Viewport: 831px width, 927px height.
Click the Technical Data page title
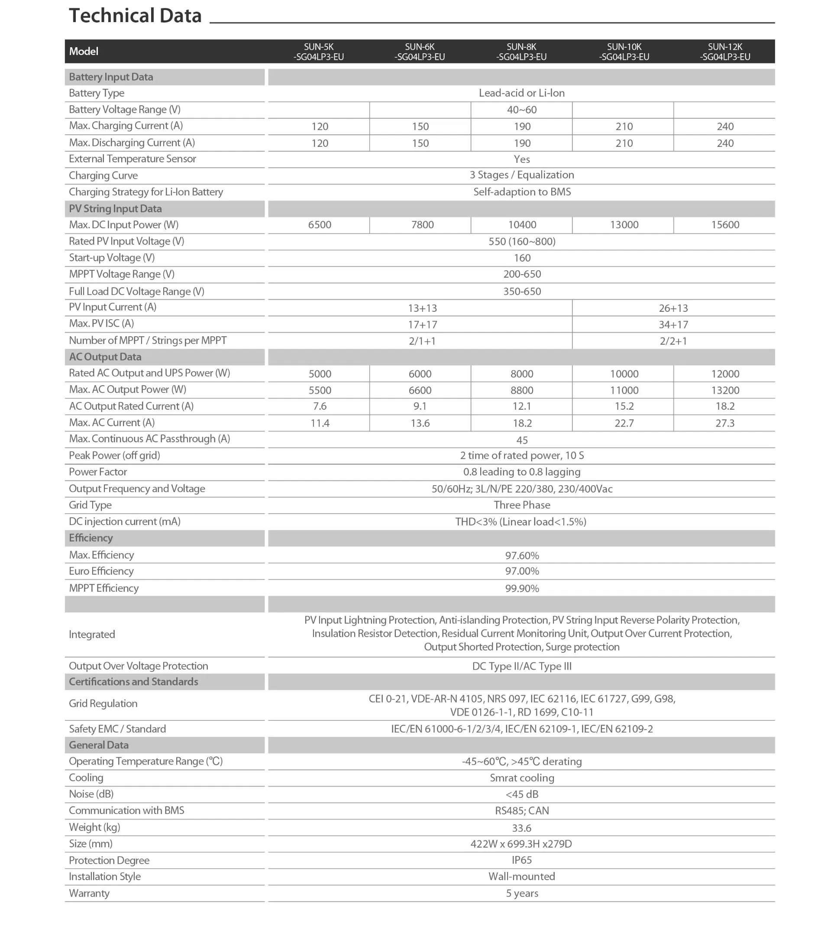135,16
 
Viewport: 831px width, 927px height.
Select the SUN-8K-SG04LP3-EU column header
521,52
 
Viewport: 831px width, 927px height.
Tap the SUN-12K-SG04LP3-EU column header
724,52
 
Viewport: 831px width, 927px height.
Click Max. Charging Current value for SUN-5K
320,126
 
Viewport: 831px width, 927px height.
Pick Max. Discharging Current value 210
624,143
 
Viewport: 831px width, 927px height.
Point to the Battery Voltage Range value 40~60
521,110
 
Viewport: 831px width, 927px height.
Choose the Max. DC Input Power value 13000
624,225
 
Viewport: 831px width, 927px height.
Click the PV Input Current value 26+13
673,308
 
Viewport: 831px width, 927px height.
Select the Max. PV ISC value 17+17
422,325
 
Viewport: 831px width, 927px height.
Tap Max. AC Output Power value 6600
420,390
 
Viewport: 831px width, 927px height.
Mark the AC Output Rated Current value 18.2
724,406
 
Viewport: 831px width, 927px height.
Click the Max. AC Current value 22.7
624,423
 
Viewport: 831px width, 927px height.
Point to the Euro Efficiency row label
101,571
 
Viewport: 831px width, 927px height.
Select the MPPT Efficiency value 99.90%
521,589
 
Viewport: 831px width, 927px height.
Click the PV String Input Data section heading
115,209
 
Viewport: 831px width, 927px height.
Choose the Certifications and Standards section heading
133,682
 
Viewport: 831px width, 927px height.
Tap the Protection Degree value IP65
521,860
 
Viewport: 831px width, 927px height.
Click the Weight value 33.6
521,828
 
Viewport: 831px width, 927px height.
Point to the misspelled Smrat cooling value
521,778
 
